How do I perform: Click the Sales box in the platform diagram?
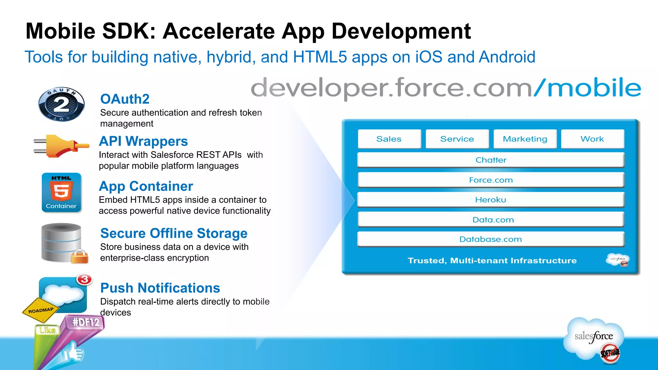389,139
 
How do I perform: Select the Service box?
457,139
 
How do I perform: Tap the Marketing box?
525,139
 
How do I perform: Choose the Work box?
592,139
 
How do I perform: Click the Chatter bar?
491,160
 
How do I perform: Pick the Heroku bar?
491,200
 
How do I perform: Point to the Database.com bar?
491,239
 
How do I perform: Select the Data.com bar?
491,220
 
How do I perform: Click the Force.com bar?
491,180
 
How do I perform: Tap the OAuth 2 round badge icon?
61,104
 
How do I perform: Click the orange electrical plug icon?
61,146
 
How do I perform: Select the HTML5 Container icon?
61,192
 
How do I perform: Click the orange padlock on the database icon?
79,257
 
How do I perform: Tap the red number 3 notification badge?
84,279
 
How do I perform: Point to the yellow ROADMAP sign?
41,310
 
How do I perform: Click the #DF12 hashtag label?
85,322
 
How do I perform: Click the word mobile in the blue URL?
594,88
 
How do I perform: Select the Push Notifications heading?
160,288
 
